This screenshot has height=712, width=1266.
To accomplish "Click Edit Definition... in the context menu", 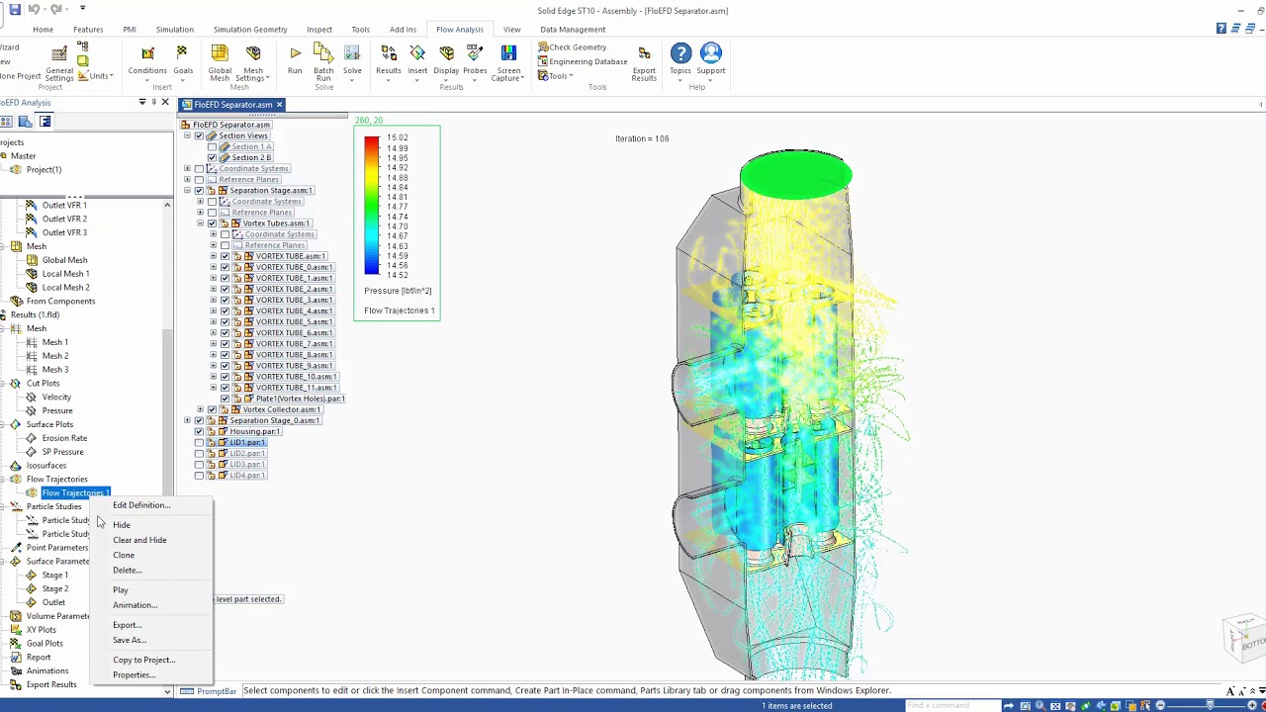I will click(x=140, y=505).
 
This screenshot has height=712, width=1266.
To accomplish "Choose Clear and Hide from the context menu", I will click(x=139, y=540).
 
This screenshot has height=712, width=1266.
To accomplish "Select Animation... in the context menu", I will click(x=135, y=605).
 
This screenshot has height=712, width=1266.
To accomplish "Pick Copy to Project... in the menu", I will click(x=143, y=660).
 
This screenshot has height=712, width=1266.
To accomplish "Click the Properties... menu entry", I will click(x=134, y=675).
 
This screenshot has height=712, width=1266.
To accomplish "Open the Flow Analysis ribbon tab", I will click(x=459, y=30).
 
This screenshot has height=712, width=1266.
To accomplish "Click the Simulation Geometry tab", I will click(x=250, y=30).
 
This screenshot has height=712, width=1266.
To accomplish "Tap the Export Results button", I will click(x=644, y=61).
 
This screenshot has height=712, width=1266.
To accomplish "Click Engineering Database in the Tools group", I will click(x=588, y=61).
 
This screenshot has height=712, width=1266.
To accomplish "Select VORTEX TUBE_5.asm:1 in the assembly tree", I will click(x=294, y=321).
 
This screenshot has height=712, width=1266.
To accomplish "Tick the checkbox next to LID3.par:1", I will click(x=199, y=464).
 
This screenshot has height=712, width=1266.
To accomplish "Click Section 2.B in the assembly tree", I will click(x=251, y=157).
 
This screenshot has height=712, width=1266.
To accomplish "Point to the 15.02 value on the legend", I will click(x=398, y=138).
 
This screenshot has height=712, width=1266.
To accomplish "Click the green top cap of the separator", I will click(x=795, y=174).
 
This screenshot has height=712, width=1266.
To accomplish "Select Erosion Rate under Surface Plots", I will click(x=64, y=438).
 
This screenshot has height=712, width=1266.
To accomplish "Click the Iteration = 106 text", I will click(x=642, y=138).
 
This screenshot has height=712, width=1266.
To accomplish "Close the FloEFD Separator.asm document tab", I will click(x=279, y=105).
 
